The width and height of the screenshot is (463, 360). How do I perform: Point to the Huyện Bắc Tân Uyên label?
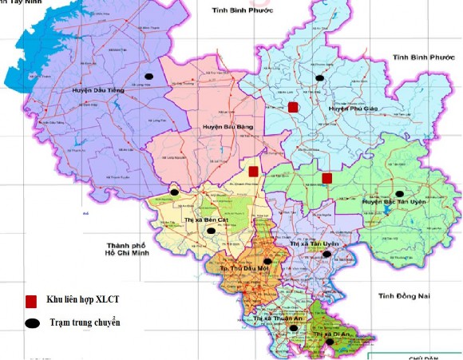pos(392,202)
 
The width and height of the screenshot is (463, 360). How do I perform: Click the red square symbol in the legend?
pos(31,301)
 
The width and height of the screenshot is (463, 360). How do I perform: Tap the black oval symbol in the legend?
pos(31,323)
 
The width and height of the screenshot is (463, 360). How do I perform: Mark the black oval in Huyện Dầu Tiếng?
pos(148,77)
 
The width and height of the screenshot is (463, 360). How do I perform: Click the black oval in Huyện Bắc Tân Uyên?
pos(399,193)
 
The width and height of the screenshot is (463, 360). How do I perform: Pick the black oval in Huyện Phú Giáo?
pos(320,77)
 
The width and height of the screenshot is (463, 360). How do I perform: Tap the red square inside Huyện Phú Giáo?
pos(293,107)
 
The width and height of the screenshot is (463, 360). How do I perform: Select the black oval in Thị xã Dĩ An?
pos(330,342)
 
